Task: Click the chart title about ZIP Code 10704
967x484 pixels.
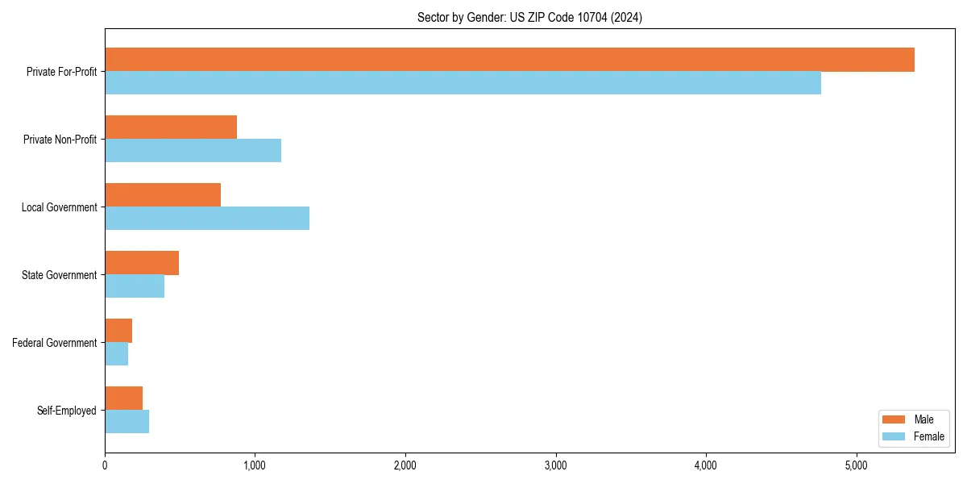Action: tap(529, 17)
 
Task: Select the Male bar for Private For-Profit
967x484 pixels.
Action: tap(509, 60)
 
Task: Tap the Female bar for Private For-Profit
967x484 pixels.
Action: tap(463, 83)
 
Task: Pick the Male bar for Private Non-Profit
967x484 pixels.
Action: tap(171, 127)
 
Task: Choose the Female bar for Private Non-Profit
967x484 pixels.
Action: tap(193, 151)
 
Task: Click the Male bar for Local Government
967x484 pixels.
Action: tap(163, 195)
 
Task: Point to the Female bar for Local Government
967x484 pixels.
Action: tap(207, 219)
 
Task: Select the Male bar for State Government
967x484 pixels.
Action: tap(142, 263)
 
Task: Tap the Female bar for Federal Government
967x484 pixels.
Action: tap(117, 354)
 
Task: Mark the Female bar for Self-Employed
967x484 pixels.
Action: tap(127, 422)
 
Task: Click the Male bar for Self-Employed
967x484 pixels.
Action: tap(124, 398)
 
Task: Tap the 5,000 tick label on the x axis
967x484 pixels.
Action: tap(856, 465)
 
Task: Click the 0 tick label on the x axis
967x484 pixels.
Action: tap(105, 465)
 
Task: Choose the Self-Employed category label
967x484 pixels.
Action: tap(66, 411)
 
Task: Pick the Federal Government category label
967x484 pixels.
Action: tap(55, 343)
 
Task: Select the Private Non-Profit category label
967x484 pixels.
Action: tap(60, 140)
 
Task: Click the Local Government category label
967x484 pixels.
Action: tap(59, 207)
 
